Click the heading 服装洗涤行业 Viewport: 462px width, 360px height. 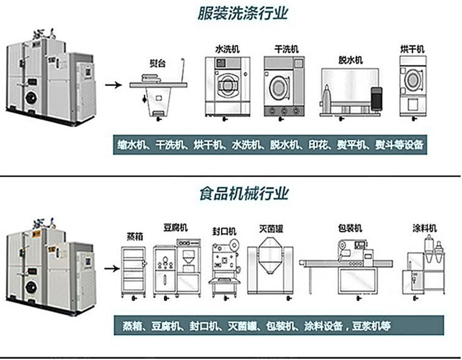pos(243,13)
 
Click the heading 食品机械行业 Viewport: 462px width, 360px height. pos(243,193)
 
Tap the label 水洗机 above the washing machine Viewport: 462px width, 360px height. pos(227,49)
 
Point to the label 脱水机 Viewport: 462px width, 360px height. pos(350,60)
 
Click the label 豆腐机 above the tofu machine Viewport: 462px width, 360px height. pos(175,228)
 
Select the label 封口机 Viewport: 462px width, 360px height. pos(224,232)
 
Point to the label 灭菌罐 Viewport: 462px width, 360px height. pos(271,229)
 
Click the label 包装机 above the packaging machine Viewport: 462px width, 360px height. pos(350,228)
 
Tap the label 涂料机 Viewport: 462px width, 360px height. pos(424,228)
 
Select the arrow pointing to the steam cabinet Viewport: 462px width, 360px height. pos(111,268)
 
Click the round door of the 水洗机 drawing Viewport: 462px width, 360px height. pos(227,84)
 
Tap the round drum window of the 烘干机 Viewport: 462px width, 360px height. pos(413,80)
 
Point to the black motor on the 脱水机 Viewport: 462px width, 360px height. pos(377,99)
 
